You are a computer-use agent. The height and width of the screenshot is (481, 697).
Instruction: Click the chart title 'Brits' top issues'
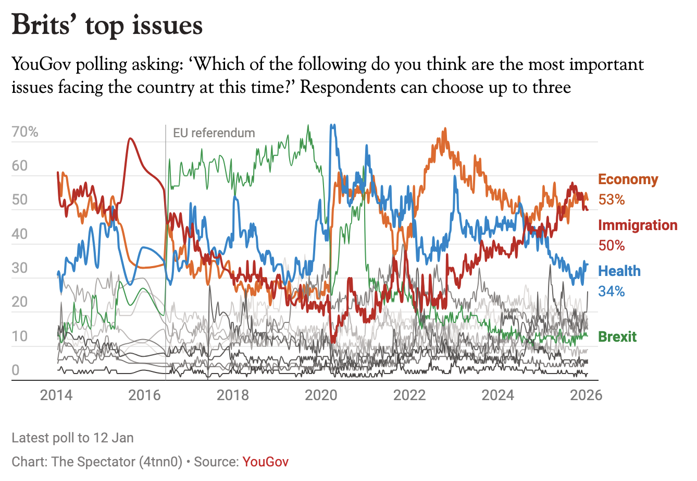(107, 25)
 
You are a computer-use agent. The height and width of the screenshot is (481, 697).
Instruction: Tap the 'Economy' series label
(628, 179)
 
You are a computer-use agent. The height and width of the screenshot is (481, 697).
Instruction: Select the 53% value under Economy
(611, 199)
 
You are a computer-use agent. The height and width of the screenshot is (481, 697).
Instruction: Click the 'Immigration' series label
(638, 225)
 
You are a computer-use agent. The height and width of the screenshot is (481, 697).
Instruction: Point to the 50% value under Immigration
(611, 245)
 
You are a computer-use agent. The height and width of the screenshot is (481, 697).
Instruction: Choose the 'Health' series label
(619, 271)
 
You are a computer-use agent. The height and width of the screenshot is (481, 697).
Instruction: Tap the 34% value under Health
(611, 291)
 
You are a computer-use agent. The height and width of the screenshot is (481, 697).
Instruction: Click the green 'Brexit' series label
(617, 337)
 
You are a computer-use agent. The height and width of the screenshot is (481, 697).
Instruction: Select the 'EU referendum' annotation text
(214, 133)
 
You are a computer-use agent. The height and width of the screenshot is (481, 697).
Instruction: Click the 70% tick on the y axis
(25, 132)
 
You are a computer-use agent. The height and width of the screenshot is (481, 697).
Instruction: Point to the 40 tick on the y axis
(20, 234)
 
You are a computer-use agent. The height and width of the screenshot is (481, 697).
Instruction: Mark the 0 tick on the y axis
(16, 370)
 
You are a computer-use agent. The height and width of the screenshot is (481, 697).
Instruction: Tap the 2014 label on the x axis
(56, 395)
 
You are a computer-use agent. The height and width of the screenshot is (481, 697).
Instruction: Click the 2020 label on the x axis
(321, 395)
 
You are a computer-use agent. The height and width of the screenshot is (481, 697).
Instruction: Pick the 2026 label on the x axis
(586, 395)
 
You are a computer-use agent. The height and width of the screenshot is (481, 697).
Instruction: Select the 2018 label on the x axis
(233, 395)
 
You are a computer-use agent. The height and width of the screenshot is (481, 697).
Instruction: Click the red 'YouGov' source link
(265, 462)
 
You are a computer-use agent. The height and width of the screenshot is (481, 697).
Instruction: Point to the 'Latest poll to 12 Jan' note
(72, 438)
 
